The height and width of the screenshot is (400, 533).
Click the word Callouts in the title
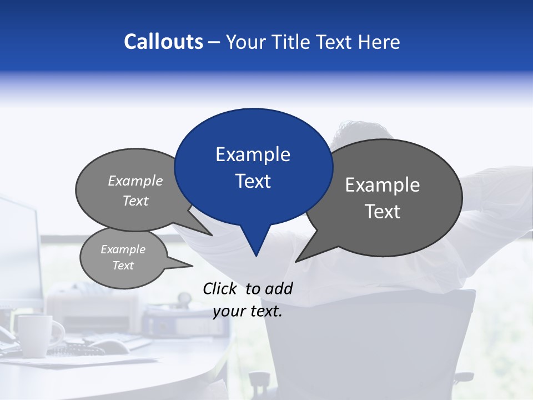[163, 42]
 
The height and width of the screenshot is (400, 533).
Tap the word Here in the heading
[380, 42]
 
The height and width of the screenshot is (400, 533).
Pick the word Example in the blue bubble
[253, 154]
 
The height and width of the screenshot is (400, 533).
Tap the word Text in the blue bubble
[253, 181]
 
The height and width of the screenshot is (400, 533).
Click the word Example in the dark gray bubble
[383, 185]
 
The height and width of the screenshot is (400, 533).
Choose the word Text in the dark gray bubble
[383, 212]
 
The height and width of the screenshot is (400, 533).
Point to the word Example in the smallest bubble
[123, 249]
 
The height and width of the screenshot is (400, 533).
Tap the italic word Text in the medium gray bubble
[135, 201]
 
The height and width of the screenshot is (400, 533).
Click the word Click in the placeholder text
[220, 288]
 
